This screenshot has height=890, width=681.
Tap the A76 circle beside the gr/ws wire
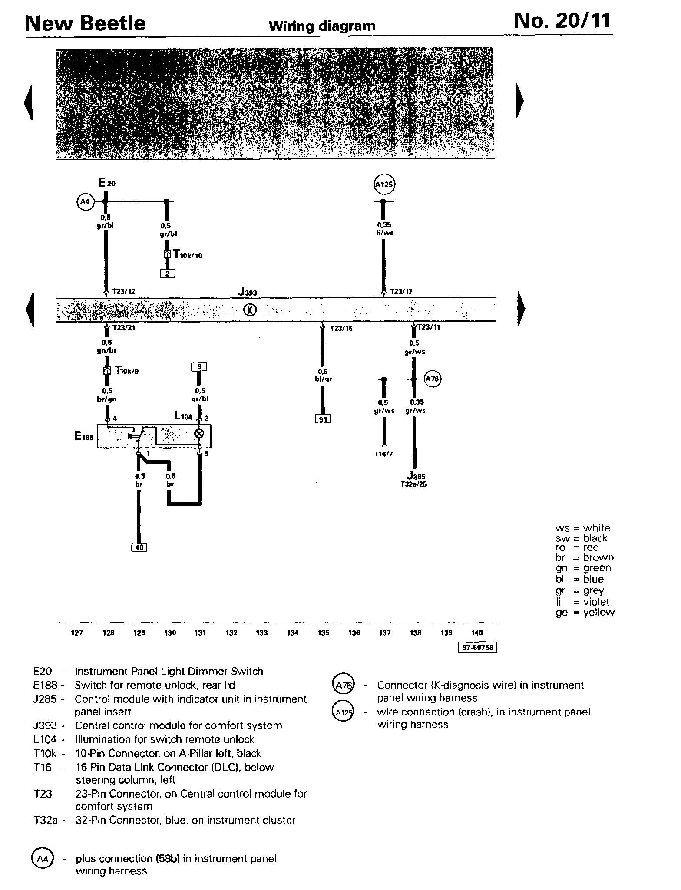click(432, 379)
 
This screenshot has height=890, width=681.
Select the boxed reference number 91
click(323, 419)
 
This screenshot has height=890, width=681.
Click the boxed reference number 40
click(139, 547)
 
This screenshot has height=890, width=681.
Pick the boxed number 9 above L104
click(199, 367)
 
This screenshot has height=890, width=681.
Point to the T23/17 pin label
click(401, 292)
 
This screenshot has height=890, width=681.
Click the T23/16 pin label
click(341, 329)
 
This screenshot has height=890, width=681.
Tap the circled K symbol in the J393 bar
click(250, 310)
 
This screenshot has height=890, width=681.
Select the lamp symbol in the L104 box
click(199, 433)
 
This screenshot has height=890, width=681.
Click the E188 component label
click(84, 437)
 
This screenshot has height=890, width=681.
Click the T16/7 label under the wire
click(383, 455)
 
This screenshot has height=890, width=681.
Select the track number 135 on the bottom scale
click(323, 633)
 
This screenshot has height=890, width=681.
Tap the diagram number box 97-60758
click(478, 648)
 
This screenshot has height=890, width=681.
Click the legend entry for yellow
click(585, 613)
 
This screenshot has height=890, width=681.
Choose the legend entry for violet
click(585, 602)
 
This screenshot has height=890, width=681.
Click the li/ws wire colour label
click(384, 233)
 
